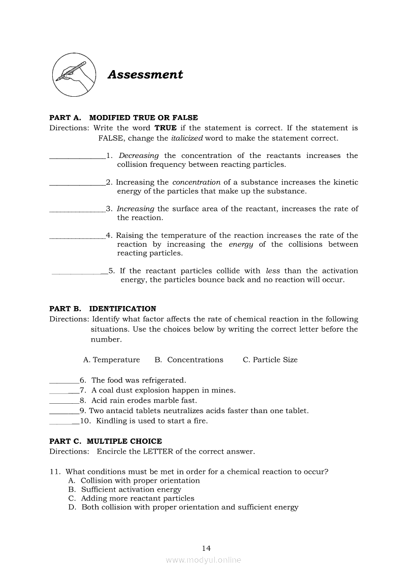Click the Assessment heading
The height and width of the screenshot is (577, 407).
(x=145, y=75)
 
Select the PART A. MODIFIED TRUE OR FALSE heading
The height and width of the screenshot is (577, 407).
(x=124, y=117)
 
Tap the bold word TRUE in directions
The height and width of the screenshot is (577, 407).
(x=167, y=128)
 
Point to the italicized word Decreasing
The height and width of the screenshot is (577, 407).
(x=139, y=155)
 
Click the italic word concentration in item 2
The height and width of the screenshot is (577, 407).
(x=196, y=182)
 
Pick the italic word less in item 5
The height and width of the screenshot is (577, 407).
(x=272, y=270)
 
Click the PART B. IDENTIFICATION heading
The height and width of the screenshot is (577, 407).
(x=102, y=308)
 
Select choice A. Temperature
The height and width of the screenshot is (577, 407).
(x=111, y=360)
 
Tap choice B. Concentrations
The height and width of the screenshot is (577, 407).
(x=189, y=360)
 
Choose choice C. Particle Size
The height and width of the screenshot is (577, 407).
(x=270, y=360)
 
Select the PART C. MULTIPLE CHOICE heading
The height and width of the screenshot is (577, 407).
(x=105, y=441)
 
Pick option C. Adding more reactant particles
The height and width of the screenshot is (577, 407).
(x=132, y=499)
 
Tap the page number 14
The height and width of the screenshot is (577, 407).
(x=206, y=548)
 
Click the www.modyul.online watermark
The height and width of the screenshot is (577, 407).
(x=203, y=560)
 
